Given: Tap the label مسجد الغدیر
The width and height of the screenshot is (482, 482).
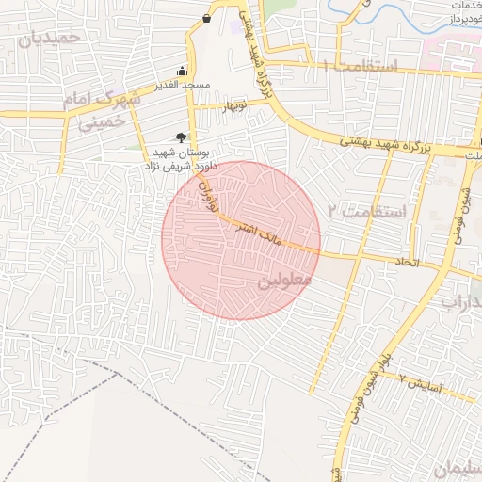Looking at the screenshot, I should tap(182, 86).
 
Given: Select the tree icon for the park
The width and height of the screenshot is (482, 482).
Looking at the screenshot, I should tap(180, 137).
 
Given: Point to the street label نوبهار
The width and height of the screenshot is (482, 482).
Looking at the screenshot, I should tap(234, 105).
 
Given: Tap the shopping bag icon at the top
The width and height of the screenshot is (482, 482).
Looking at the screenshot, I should tap(206, 18).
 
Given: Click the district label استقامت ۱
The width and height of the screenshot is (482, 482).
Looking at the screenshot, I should tap(361, 67).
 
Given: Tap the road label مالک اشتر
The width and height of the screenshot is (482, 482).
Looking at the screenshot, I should tap(256, 236).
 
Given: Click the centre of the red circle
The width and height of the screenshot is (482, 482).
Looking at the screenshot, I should tap(241, 240).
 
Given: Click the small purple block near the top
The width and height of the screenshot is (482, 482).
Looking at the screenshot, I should tap(233, 25).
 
